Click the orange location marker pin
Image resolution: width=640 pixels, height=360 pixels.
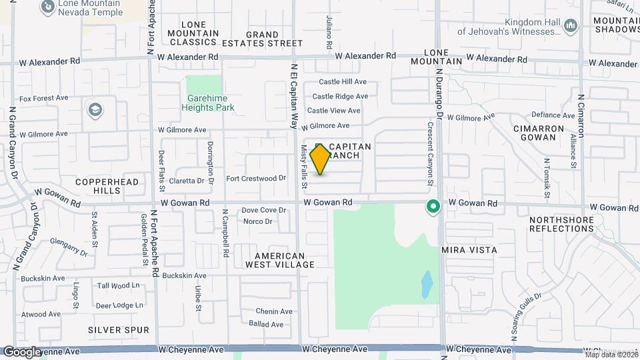(321, 159)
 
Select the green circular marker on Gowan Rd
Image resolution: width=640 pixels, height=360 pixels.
(433, 207)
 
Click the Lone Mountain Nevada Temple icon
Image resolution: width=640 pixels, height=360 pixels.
(48, 7)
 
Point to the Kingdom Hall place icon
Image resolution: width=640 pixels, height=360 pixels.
(570, 26)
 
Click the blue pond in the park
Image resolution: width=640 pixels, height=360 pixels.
(426, 284)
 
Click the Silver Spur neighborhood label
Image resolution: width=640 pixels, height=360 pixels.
(113, 329)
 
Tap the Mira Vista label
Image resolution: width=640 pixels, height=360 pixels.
(469, 250)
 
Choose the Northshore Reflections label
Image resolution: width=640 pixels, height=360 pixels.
(561, 224)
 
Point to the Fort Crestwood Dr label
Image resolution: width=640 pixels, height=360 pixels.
(256, 179)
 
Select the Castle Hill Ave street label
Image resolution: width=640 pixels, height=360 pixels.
(343, 82)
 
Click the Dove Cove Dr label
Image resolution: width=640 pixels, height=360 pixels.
(263, 210)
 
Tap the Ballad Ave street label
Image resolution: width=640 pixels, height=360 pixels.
(266, 325)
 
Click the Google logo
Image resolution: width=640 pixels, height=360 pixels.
(23, 351)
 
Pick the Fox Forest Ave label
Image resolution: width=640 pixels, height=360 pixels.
(44, 98)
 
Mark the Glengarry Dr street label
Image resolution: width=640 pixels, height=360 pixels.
(73, 248)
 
